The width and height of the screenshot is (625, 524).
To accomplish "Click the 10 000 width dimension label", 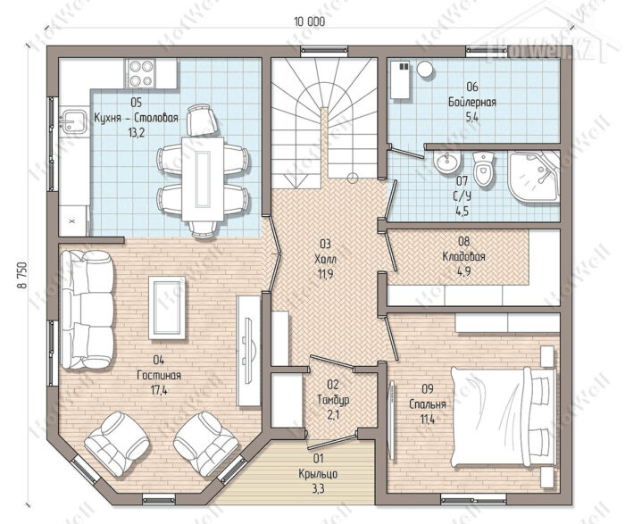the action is (x=310, y=21).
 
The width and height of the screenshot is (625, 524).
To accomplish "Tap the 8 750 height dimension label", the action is (x=22, y=275).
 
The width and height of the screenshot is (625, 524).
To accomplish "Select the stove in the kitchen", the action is (x=141, y=73).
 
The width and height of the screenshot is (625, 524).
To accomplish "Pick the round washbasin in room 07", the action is (x=446, y=162).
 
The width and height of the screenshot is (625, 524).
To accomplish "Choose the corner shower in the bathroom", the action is (x=533, y=176).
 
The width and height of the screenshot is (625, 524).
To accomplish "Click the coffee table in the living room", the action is (x=167, y=308).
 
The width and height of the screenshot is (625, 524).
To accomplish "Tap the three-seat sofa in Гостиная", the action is (x=87, y=310).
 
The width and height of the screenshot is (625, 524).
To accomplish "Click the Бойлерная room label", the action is (x=472, y=103).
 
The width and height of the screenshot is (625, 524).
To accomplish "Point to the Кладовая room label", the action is (x=464, y=256).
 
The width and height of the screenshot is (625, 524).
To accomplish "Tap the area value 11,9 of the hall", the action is (x=325, y=274).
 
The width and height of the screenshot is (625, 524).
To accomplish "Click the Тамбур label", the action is (x=333, y=400).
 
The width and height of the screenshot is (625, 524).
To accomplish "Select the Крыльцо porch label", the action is (x=318, y=474).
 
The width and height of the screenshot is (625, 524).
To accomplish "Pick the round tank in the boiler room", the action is (x=425, y=69).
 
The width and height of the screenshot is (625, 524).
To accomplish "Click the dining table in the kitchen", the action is (x=203, y=179).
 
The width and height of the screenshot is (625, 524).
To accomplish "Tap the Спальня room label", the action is (x=428, y=405).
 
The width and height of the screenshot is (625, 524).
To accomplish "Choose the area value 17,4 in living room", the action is (x=159, y=390).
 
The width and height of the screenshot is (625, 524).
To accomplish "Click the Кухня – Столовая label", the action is (x=136, y=118).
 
